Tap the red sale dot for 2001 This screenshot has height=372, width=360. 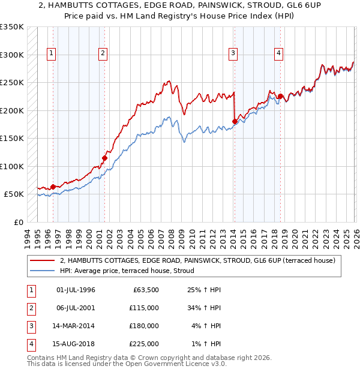104,158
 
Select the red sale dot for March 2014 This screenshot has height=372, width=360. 235,122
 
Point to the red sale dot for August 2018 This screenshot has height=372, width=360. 280,96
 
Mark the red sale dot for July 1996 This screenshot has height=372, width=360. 53,187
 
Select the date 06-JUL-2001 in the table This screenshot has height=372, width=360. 76,308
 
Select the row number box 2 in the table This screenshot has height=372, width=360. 31,308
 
